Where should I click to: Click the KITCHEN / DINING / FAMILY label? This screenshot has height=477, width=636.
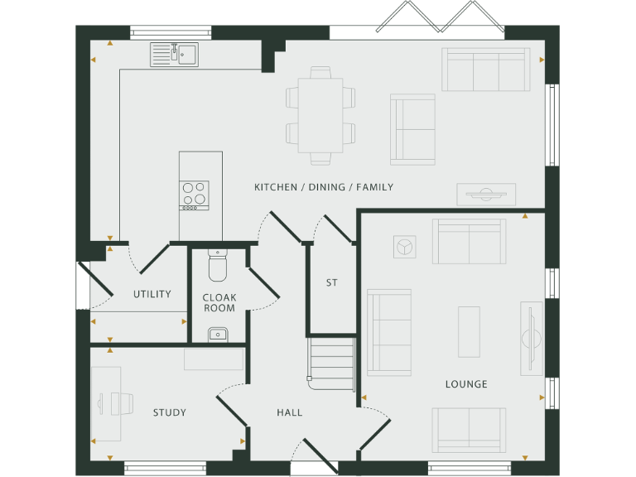pyautogui.click(x=324, y=187)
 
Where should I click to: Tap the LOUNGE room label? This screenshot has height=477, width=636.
pyautogui.click(x=466, y=384)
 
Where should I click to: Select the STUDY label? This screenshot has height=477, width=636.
pyautogui.click(x=169, y=412)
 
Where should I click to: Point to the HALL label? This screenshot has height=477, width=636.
pyautogui.click(x=290, y=412)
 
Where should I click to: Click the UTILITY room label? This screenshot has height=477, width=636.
pyautogui.click(x=152, y=294)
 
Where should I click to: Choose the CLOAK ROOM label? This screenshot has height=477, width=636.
pyautogui.click(x=219, y=302)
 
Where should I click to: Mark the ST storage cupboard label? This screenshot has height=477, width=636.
pyautogui.click(x=331, y=283)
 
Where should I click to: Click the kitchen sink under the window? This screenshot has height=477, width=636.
pyautogui.click(x=174, y=55)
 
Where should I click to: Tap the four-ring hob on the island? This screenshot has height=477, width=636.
pyautogui.click(x=195, y=195)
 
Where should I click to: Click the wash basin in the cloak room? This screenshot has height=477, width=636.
pyautogui.click(x=218, y=334)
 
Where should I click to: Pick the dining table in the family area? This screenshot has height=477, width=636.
pyautogui.click(x=320, y=115)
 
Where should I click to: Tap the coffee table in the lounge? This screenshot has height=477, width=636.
pyautogui.click(x=469, y=330)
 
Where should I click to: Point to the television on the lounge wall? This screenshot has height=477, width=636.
pyautogui.click(x=529, y=338)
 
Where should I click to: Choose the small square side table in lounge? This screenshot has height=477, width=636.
pyautogui.click(x=405, y=247)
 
